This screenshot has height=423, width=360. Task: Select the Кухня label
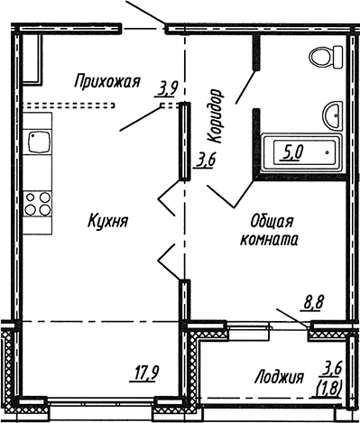(x=107, y=219)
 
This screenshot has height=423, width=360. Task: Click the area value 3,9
(x=167, y=87)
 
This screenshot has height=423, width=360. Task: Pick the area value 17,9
(x=145, y=369)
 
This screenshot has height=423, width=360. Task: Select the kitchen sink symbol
(x=39, y=141)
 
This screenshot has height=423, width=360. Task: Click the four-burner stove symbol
(x=38, y=203)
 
